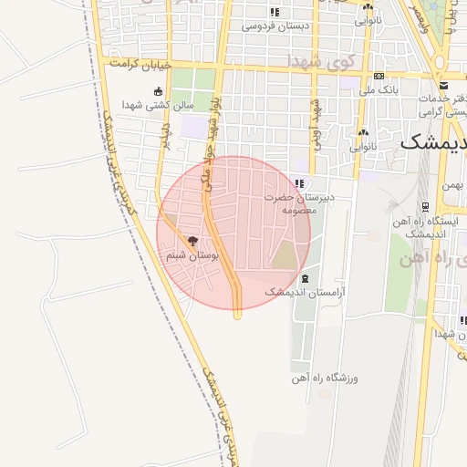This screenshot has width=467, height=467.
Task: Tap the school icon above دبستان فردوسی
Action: click(275, 12)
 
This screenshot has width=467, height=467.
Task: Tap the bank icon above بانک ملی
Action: click(379, 76)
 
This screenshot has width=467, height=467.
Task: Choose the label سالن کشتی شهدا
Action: click(160, 104)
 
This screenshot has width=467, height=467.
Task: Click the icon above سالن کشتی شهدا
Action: click(160, 91)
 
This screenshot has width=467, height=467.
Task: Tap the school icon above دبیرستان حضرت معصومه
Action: click(300, 184)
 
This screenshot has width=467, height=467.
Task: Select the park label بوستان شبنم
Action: click(192, 256)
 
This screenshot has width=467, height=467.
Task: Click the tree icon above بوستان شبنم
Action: click(192, 241)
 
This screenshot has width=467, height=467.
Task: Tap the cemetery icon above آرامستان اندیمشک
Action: click(305, 278)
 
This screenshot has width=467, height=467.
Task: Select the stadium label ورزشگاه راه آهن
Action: click(327, 377)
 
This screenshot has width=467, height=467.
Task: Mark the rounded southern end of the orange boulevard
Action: click(237, 315)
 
